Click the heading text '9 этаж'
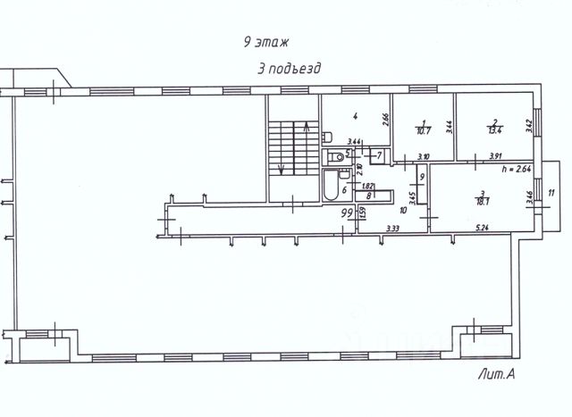266,42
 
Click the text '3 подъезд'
288,68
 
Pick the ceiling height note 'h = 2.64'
517,168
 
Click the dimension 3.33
392,229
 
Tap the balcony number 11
551,193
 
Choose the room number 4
355,116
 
